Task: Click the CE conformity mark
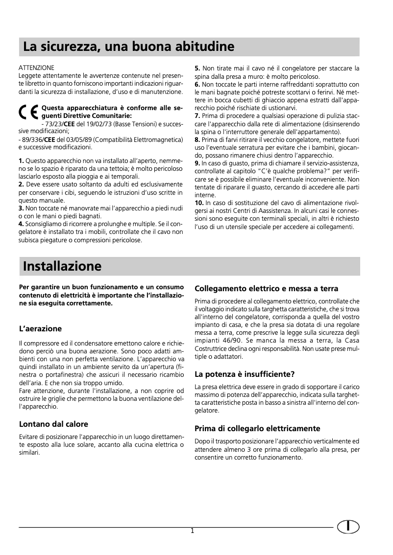[x=28, y=113]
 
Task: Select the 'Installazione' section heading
[x=62, y=266]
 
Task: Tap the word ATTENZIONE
[x=36, y=67]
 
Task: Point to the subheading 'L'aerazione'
[x=40, y=328]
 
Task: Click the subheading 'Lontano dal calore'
[x=53, y=424]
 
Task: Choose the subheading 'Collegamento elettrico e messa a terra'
[x=266, y=288]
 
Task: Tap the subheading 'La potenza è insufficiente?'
[x=245, y=375]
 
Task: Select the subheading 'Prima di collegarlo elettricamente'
[x=257, y=428]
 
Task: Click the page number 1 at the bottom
[x=193, y=531]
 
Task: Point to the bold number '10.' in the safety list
[x=200, y=202]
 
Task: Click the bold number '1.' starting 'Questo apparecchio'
[x=21, y=161]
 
